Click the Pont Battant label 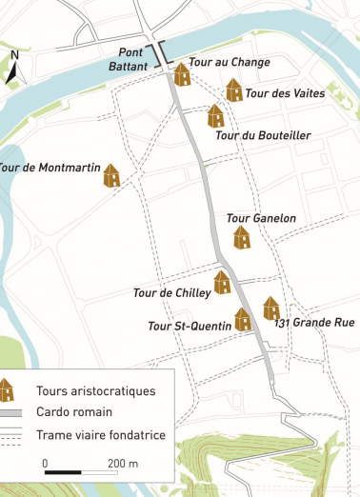[134, 59]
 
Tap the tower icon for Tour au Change [182, 74]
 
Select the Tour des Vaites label [285, 93]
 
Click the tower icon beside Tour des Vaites [233, 90]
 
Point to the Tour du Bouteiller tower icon [216, 116]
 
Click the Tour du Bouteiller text [263, 135]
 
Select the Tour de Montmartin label [50, 169]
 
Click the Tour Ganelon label [261, 218]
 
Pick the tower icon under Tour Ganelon [242, 237]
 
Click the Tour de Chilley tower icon [222, 282]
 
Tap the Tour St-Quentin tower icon [243, 319]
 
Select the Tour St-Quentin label [190, 327]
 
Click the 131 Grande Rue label [314, 323]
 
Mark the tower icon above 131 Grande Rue [271, 308]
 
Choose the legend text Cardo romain [74, 412]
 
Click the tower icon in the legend [9, 389]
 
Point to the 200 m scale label [123, 463]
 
